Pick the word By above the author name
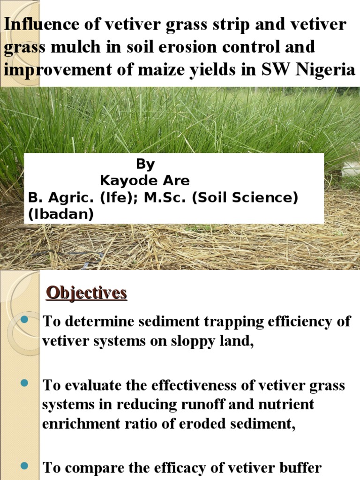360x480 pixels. click(145, 164)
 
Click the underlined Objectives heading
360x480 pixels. click(87, 293)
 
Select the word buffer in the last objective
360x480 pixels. click(298, 468)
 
